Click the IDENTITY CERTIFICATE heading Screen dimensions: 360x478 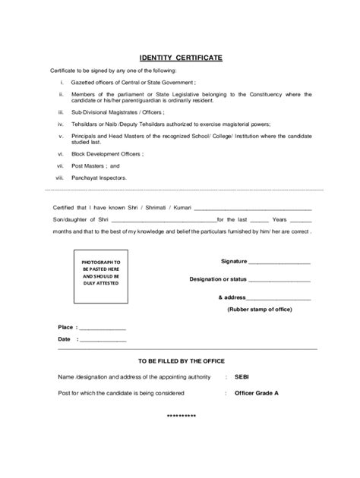click(180, 57)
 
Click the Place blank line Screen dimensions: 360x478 click(102, 329)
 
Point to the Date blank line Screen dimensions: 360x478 click(102, 341)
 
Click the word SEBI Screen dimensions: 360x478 click(242, 376)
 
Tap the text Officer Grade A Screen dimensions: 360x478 click(257, 393)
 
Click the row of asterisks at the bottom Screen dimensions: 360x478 click(181, 417)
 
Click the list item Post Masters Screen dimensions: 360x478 click(96, 165)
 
